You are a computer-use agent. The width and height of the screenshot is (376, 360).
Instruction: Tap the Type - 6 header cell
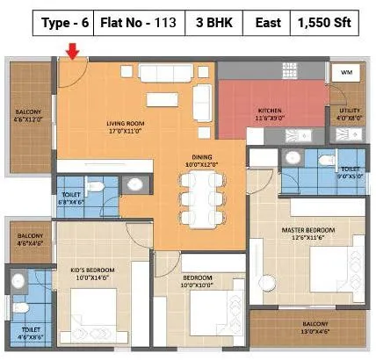tap(64, 24)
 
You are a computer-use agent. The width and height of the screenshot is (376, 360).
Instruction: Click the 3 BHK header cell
tap(212, 24)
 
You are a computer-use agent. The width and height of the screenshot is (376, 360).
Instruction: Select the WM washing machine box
tap(345, 72)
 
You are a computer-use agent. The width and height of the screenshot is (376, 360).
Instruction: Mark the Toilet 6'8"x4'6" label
tap(73, 196)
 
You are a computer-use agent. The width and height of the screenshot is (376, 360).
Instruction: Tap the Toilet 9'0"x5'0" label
tap(350, 171)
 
